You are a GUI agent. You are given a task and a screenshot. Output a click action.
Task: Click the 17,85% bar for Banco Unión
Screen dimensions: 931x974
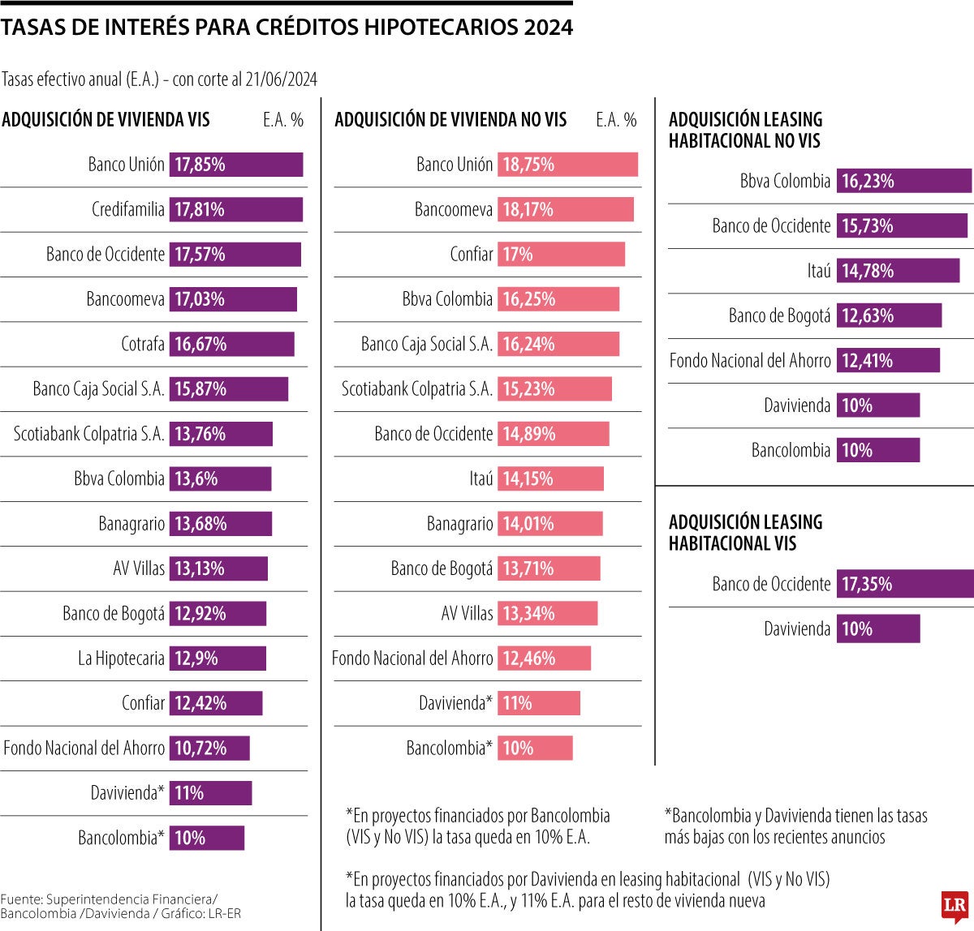pyautogui.click(x=236, y=165)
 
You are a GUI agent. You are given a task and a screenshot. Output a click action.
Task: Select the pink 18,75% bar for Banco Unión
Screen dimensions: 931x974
pyautogui.click(x=567, y=165)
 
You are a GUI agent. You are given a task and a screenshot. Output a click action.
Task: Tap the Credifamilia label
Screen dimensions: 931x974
pyautogui.click(x=127, y=209)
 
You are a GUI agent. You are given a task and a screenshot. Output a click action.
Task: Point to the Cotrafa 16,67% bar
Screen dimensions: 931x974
pyautogui.click(x=231, y=344)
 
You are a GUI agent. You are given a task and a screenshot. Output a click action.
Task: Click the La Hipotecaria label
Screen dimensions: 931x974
pyautogui.click(x=121, y=659)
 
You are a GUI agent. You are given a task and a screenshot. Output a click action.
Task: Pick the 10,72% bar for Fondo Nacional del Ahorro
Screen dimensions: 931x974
pyautogui.click(x=209, y=748)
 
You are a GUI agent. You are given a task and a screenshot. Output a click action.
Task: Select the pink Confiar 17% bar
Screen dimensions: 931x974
pyautogui.click(x=561, y=254)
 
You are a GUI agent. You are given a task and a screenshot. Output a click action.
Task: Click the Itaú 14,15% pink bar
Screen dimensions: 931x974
pyautogui.click(x=550, y=478)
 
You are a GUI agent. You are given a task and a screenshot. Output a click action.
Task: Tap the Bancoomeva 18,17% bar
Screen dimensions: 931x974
pyautogui.click(x=565, y=209)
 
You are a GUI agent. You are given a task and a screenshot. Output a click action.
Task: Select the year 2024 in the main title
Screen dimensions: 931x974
pyautogui.click(x=548, y=28)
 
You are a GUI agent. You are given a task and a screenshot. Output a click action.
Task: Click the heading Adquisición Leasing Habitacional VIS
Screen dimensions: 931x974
pyautogui.click(x=745, y=533)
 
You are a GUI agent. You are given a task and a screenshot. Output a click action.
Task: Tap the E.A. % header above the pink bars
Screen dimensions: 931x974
pyautogui.click(x=616, y=120)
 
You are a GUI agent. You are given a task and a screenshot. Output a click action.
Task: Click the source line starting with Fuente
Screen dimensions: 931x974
pyautogui.click(x=109, y=906)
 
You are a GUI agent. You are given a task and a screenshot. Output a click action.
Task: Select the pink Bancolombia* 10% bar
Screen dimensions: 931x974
pyautogui.click(x=535, y=748)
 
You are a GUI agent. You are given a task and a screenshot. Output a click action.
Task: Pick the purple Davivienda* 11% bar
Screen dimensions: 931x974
pyautogui.click(x=210, y=793)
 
